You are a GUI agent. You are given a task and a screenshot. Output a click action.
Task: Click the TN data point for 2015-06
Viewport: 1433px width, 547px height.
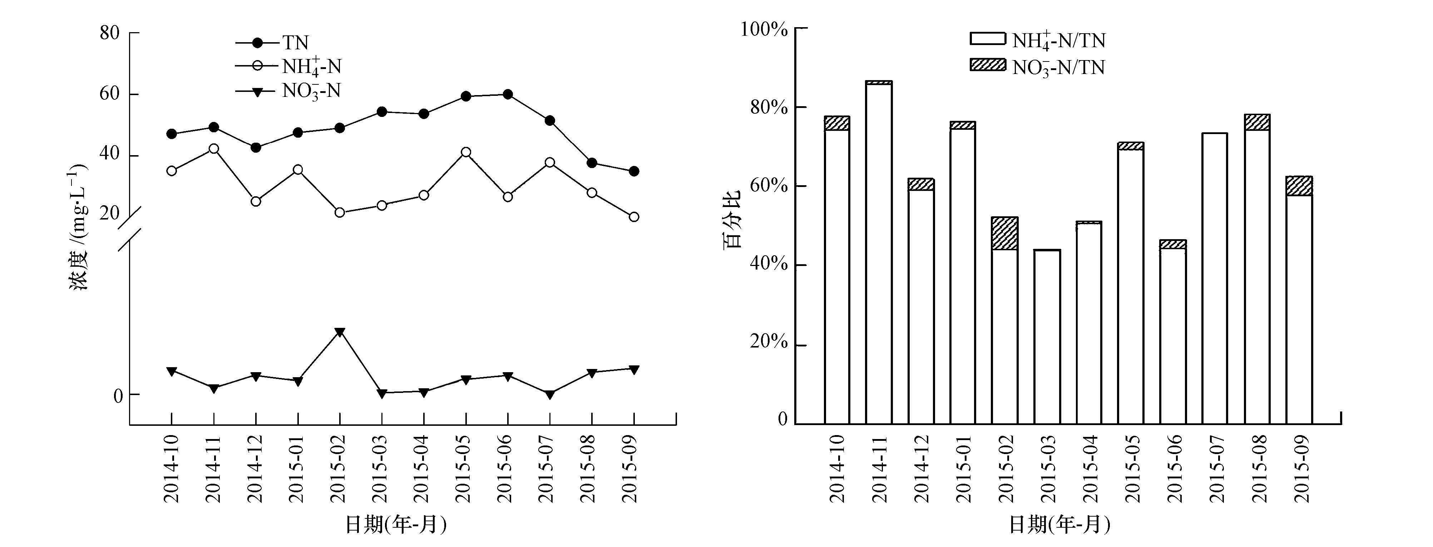pyautogui.click(x=507, y=95)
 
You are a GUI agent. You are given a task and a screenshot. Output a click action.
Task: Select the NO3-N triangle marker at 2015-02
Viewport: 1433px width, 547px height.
pyautogui.click(x=340, y=332)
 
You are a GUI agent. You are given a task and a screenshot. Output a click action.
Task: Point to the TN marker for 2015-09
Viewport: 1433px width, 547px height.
pyautogui.click(x=634, y=171)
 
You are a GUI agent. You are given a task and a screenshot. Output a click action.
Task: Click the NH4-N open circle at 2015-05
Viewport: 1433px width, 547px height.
pyautogui.click(x=466, y=152)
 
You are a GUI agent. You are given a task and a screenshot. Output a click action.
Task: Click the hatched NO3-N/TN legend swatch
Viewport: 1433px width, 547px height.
pyautogui.click(x=987, y=65)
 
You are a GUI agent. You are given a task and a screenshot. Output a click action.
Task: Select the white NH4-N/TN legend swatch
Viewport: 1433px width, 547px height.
pyautogui.click(x=987, y=38)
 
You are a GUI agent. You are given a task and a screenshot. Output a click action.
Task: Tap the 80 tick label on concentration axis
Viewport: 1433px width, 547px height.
pyautogui.click(x=110, y=33)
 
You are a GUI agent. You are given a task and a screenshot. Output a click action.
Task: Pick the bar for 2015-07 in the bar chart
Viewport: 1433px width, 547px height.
pyautogui.click(x=1214, y=278)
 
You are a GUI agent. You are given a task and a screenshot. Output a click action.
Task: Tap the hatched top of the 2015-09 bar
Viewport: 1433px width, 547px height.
pyautogui.click(x=1299, y=186)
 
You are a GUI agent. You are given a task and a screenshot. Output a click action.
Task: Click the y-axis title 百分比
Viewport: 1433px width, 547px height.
pyautogui.click(x=732, y=220)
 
